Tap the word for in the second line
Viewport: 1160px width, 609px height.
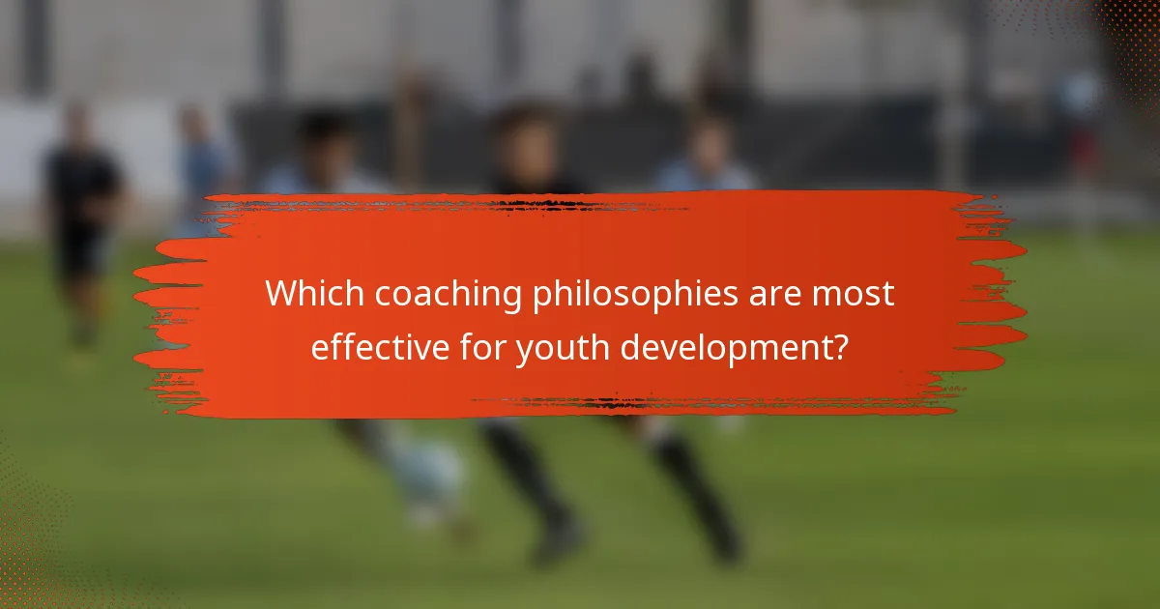(x=482, y=346)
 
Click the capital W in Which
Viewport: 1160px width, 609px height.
(x=282, y=294)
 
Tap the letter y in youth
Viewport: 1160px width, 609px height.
(x=525, y=351)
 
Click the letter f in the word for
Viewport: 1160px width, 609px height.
(x=464, y=345)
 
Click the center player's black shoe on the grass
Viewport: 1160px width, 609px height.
(x=559, y=541)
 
